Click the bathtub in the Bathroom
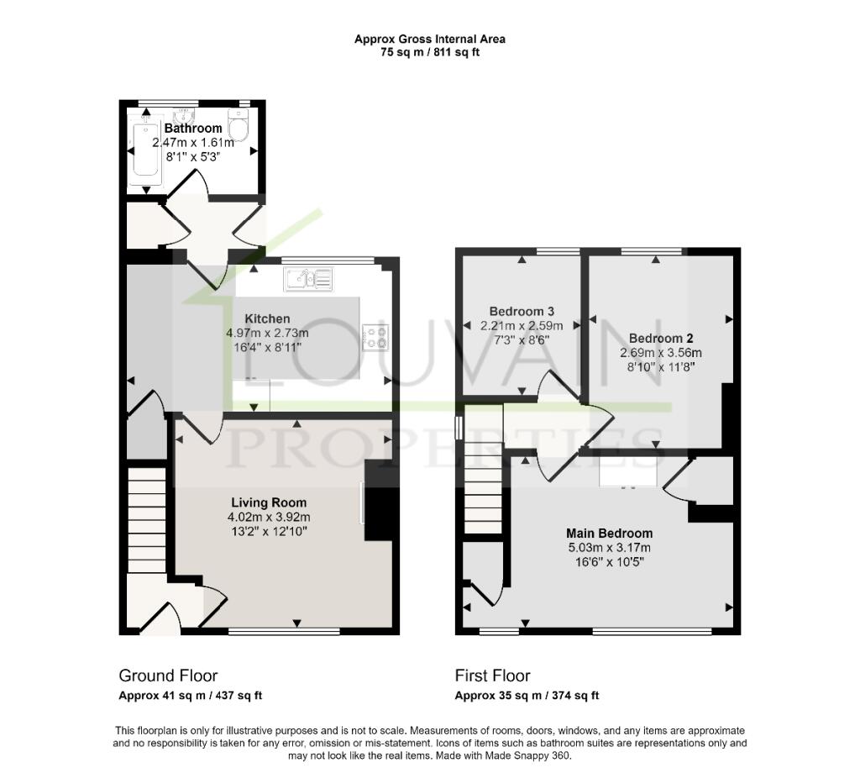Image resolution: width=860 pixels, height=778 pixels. pyautogui.click(x=147, y=150)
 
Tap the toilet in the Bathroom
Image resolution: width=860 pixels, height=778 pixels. pyautogui.click(x=239, y=124)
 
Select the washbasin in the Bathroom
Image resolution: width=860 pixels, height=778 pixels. pyautogui.click(x=184, y=116)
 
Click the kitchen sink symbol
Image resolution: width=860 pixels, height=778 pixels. pyautogui.click(x=308, y=279)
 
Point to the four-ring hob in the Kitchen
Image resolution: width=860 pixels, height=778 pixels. pyautogui.click(x=375, y=337)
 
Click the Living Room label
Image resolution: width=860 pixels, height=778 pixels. pyautogui.click(x=269, y=502)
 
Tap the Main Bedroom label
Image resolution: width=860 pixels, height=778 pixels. pyautogui.click(x=610, y=534)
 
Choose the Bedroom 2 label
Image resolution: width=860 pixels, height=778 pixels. pyautogui.click(x=661, y=339)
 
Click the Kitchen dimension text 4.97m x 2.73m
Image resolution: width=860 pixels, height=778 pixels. pyautogui.click(x=267, y=333)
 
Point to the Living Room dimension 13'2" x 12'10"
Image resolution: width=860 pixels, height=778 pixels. pyautogui.click(x=269, y=531)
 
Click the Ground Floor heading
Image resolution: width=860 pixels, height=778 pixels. pyautogui.click(x=168, y=675)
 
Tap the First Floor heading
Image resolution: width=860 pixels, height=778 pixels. pyautogui.click(x=492, y=675)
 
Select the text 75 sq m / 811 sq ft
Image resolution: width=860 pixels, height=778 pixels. pyautogui.click(x=430, y=53)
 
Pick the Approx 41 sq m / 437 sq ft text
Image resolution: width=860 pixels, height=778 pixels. pyautogui.click(x=191, y=696)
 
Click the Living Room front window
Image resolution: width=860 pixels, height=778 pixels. pyautogui.click(x=284, y=632)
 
